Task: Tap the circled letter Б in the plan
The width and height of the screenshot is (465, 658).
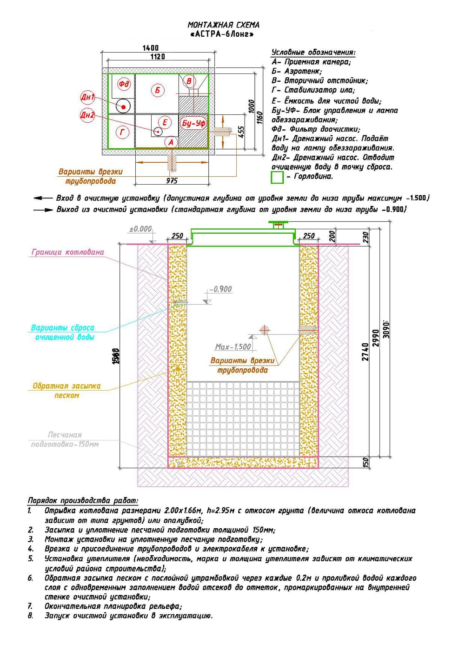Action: pos(158,90)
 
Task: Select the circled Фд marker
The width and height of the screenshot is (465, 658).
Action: pos(124,84)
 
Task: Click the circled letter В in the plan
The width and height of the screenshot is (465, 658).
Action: pos(189,81)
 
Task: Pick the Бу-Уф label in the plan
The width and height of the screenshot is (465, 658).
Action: pos(193,123)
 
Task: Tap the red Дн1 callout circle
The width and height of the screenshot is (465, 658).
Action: pos(87,97)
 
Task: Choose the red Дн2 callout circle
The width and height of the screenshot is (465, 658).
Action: pos(87,115)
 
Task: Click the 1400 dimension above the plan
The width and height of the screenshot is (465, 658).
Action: pos(150,47)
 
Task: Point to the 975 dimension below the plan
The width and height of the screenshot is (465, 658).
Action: pos(172,180)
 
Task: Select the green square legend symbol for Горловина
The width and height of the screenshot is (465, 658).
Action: pos(277,177)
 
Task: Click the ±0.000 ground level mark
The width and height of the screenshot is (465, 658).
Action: pos(140,229)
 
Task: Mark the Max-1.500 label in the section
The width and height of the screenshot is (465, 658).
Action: pos(232,347)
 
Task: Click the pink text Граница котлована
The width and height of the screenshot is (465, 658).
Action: pos(68,252)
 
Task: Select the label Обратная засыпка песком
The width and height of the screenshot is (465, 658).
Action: pos(66,391)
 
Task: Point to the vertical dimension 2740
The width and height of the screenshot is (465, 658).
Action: pos(365,352)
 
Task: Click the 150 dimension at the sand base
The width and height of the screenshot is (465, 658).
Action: pos(365,462)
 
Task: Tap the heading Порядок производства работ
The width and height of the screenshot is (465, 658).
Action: pos(83,501)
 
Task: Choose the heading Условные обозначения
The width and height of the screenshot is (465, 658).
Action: pos(313,52)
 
